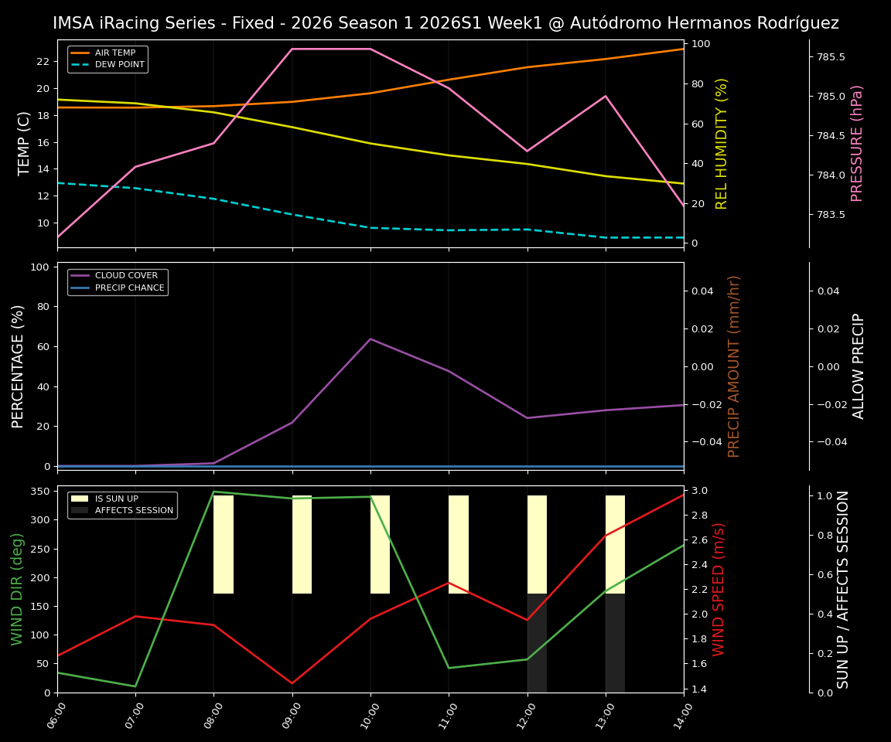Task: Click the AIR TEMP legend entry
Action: pyautogui.click(x=115, y=53)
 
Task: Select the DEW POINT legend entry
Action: pyautogui.click(x=119, y=65)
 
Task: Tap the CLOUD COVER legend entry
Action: pyautogui.click(x=126, y=276)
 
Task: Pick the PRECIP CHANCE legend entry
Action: pyautogui.click(x=129, y=288)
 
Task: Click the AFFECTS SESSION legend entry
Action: pyautogui.click(x=134, y=511)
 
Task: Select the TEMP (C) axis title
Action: pyautogui.click(x=25, y=143)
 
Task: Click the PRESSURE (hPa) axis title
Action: pyautogui.click(x=857, y=143)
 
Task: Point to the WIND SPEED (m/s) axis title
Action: pyautogui.click(x=719, y=589)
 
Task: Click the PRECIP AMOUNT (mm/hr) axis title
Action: pyautogui.click(x=735, y=366)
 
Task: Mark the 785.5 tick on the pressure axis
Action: pyautogui.click(x=827, y=57)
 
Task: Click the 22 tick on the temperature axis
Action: pyautogui.click(x=43, y=61)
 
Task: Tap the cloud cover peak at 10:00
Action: pyautogui.click(x=370, y=339)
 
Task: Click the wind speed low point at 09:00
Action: pyautogui.click(x=292, y=683)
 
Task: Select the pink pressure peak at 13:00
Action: pyautogui.click(x=606, y=96)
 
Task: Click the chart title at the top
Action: pyautogui.click(x=445, y=23)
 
